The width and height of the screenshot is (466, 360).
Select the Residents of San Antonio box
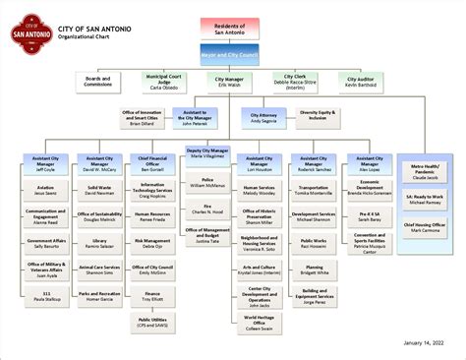[229, 27]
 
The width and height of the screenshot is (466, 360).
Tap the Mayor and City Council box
[229, 55]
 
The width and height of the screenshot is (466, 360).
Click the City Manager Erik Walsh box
[229, 82]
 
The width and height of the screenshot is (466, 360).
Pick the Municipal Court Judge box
[164, 82]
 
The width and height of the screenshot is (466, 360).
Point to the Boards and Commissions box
[98, 82]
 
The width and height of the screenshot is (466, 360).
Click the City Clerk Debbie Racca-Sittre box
[295, 82]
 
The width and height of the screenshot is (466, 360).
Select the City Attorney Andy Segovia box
[262, 118]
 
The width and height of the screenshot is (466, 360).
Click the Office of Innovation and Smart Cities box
[139, 118]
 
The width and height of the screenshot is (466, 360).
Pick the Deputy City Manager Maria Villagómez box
[207, 155]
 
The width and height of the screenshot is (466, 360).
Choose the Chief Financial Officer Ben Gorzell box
[152, 163]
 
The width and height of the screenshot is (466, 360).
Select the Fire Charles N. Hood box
[207, 210]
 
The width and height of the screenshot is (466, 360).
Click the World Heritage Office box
[260, 322]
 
